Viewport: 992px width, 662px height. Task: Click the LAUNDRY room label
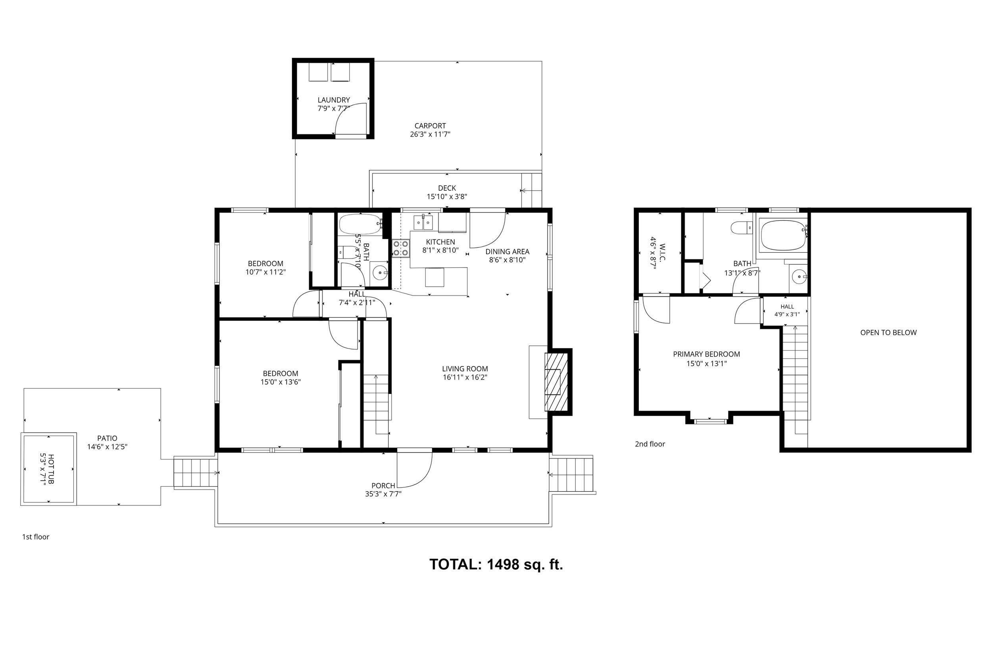tap(334, 100)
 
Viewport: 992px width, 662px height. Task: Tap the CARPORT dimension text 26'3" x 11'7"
tap(430, 134)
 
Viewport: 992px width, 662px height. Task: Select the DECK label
tap(447, 188)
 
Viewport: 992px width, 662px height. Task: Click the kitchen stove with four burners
tap(401, 248)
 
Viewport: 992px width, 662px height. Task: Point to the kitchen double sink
tap(423, 222)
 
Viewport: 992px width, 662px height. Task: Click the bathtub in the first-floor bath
tap(361, 225)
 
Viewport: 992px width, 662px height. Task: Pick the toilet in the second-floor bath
tap(742, 228)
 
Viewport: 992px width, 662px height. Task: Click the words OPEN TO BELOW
tap(888, 333)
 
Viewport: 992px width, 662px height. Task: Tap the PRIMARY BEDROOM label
tap(706, 354)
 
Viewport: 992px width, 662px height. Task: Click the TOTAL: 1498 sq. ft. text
tap(496, 564)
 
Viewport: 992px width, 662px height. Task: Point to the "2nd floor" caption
tap(650, 444)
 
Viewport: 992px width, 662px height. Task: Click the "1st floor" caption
tap(36, 537)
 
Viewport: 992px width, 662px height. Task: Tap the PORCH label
tap(383, 486)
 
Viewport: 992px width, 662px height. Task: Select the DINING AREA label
tap(508, 252)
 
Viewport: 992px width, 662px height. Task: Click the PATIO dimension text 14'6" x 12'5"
tap(107, 447)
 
